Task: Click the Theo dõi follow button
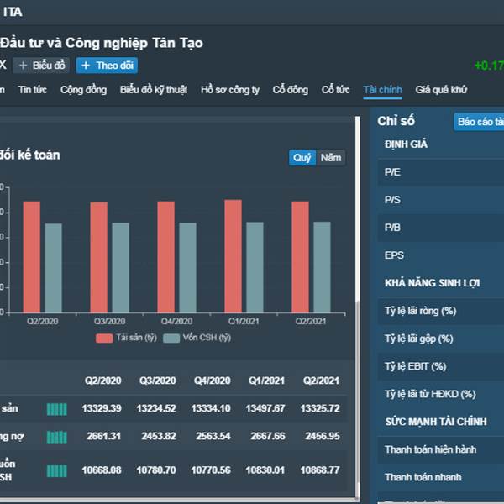tap(107, 66)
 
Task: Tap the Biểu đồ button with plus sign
tap(40, 66)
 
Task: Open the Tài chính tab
tap(382, 90)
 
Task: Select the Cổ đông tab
tap(291, 90)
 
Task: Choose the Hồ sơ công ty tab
tap(230, 90)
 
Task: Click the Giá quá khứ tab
tap(441, 90)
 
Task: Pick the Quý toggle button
tap(302, 157)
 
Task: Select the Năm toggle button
tap(332, 157)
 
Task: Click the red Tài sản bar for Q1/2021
tap(234, 256)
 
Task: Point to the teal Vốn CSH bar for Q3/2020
tap(120, 267)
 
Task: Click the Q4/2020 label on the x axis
tap(177, 321)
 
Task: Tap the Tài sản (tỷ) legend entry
tap(127, 338)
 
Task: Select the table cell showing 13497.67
tap(266, 408)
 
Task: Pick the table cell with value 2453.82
tap(158, 436)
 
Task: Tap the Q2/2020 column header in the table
tap(103, 381)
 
